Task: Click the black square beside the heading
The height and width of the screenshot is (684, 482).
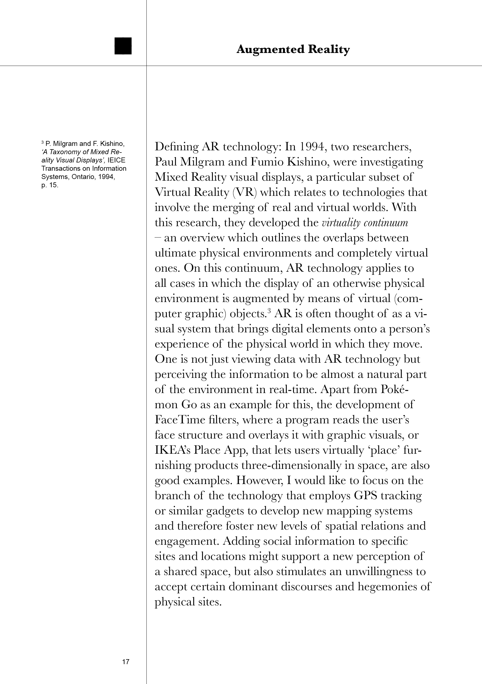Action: point(123,46)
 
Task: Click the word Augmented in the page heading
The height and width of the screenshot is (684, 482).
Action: point(270,49)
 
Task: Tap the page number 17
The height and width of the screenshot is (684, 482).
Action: point(126,662)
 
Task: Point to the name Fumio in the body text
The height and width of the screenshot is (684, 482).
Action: point(267,162)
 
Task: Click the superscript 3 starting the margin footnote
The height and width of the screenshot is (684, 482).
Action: point(42,142)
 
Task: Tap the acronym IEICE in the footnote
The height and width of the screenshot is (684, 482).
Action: point(116,160)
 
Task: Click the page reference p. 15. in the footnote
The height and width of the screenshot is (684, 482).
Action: point(50,185)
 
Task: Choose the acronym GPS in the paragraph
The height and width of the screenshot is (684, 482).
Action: point(365,495)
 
